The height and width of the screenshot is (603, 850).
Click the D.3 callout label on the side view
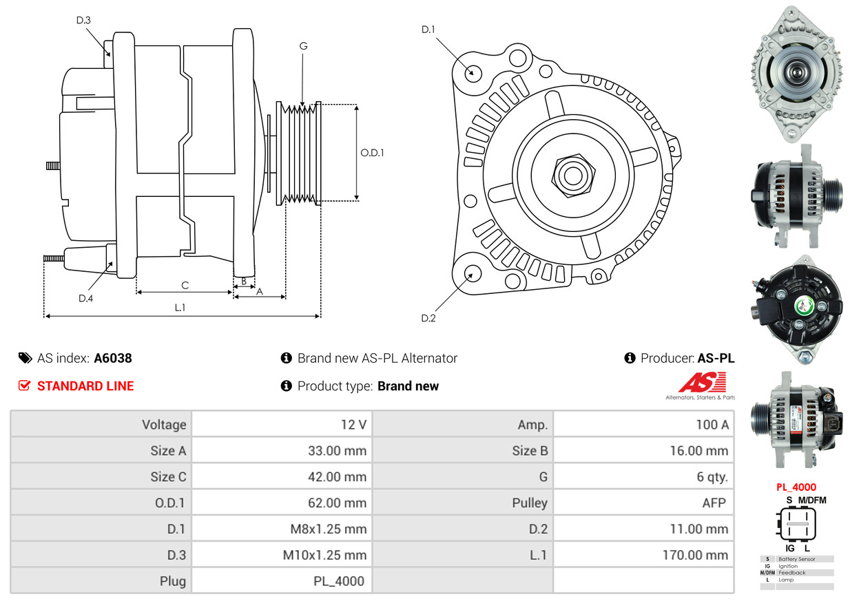click(x=83, y=20)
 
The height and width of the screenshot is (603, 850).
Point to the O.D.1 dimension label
click(x=372, y=153)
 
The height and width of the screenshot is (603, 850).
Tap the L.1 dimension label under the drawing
click(x=180, y=308)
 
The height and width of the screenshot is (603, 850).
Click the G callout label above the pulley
click(x=303, y=46)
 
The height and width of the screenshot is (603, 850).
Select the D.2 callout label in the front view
click(x=428, y=318)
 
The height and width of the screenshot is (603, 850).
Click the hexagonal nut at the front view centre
click(x=573, y=176)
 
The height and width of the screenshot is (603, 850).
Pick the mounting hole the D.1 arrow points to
click(x=473, y=73)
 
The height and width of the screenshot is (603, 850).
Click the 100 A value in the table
click(x=712, y=425)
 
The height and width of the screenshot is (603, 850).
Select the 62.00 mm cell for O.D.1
click(x=337, y=502)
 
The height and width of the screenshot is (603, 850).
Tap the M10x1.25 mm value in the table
click(x=324, y=555)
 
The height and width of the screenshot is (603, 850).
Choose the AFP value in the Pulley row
click(x=714, y=502)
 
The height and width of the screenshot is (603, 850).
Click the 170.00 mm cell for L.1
click(x=695, y=555)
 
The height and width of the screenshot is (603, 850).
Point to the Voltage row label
click(x=164, y=425)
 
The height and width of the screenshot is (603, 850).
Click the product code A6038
click(x=113, y=358)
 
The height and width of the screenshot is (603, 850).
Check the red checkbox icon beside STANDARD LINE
click(x=24, y=385)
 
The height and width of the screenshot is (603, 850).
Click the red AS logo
click(x=702, y=382)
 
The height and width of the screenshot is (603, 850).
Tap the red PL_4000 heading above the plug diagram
click(x=796, y=487)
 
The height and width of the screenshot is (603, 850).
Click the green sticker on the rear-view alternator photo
click(x=802, y=306)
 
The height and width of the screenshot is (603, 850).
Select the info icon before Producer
click(x=630, y=358)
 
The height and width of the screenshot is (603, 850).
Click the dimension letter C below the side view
click(x=185, y=285)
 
